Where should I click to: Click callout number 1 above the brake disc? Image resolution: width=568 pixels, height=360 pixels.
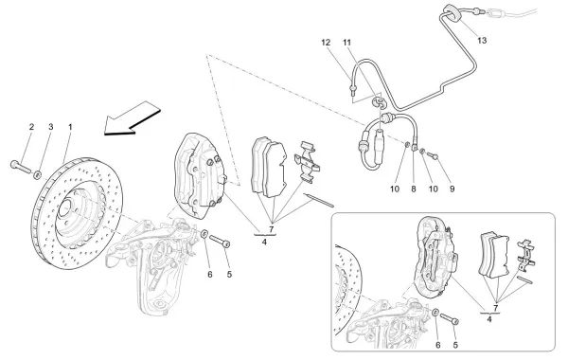coord(69,126)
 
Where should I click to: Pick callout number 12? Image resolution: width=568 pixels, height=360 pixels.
coord(325,44)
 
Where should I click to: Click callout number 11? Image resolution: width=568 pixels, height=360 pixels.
coord(347,44)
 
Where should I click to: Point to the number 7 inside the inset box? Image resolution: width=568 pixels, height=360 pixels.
coord(495,306)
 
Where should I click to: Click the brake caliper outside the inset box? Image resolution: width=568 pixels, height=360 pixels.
coord(200,171)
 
